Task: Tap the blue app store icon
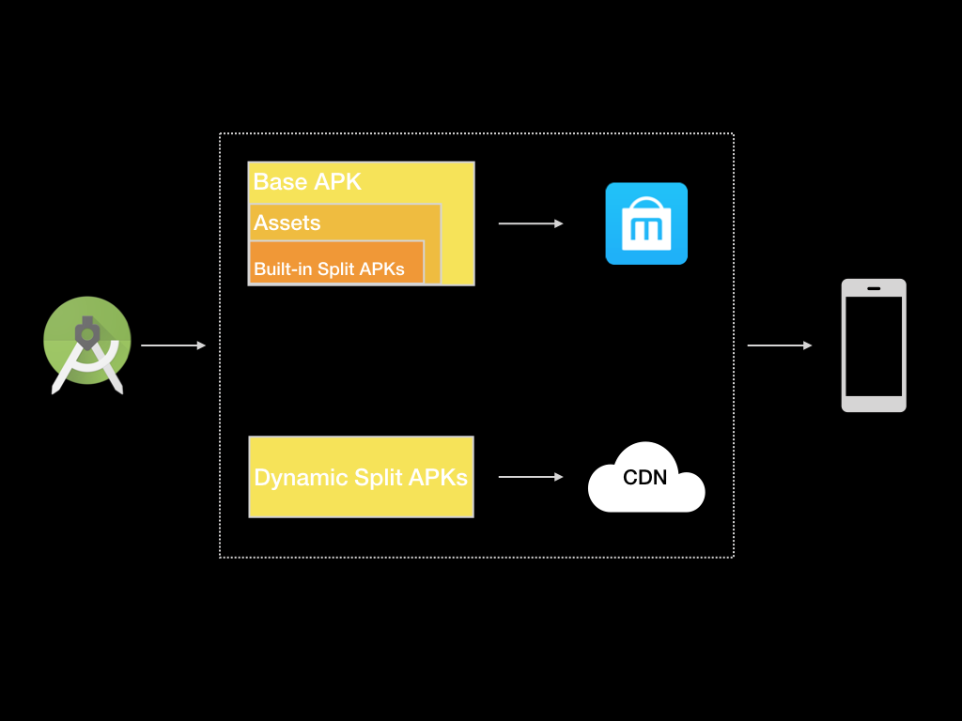pos(646,223)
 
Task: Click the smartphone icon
pos(874,345)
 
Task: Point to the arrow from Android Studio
pos(173,345)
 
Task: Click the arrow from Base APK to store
pos(531,223)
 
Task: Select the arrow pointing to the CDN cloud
pos(531,477)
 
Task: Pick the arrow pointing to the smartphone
pos(780,345)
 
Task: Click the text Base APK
pos(307,181)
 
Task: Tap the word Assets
pos(287,222)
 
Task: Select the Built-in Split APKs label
pos(329,269)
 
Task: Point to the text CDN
pos(645,477)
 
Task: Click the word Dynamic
pos(301,478)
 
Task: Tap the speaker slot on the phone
pos(874,288)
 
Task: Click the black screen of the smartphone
pos(874,347)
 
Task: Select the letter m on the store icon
pos(646,228)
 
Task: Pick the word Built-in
pos(283,269)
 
